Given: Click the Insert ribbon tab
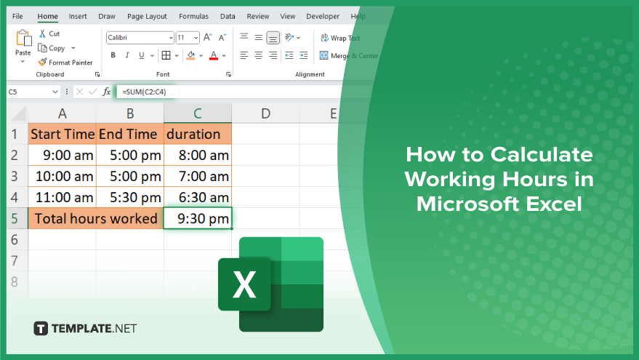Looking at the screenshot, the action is tap(78, 16).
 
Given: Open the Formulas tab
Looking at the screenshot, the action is tap(193, 16).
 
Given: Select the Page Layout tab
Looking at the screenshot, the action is tap(147, 16).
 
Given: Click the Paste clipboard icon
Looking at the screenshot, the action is tap(24, 38).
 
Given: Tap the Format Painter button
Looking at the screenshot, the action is tap(65, 63).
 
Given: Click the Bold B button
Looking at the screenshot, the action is tap(113, 55).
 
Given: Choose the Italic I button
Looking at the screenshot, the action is tap(127, 55).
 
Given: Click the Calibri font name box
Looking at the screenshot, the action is tap(140, 38).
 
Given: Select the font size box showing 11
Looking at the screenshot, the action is tap(188, 38).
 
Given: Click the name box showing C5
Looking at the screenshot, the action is tap(33, 92).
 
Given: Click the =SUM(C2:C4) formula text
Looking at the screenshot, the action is tap(144, 92).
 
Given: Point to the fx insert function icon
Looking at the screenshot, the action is tap(106, 92).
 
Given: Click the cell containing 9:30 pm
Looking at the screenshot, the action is tap(198, 218).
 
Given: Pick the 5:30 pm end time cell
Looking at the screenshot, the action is tap(130, 197).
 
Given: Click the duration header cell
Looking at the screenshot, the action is tap(198, 134).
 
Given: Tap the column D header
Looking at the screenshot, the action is tap(265, 113).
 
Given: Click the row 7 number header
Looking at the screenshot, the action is tap(15, 260).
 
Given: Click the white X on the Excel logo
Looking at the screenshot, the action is tap(244, 284).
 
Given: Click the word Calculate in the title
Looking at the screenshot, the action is tap(542, 154).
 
